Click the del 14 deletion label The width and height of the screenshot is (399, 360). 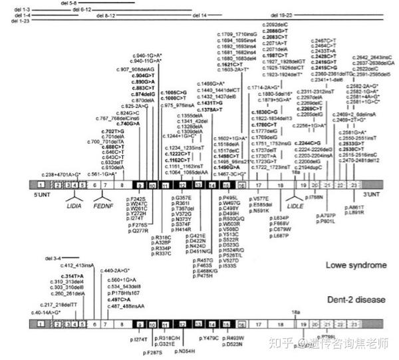click(x=199, y=14)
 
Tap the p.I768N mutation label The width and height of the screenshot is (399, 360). click(x=315, y=198)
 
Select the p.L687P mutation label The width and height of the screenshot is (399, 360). click(x=281, y=235)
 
